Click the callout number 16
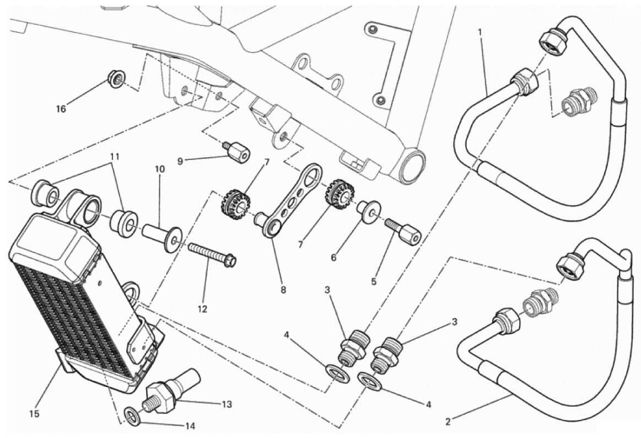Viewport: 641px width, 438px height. coord(61,109)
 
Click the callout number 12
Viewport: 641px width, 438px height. coord(202,309)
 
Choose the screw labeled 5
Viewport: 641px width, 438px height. coord(403,232)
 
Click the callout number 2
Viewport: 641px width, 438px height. coord(448,423)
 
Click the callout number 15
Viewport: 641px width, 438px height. coord(35,412)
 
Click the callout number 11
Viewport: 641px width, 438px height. coord(114,157)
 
